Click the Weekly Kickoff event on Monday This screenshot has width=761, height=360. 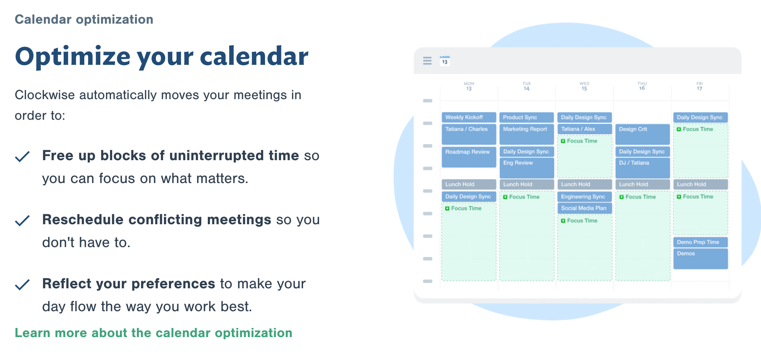469,117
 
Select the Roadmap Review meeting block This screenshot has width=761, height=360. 469,157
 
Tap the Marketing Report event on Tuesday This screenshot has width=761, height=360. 527,134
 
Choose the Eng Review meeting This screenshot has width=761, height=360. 527,168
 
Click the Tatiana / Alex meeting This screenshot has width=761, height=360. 584,129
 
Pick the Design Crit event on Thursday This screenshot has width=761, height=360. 642,134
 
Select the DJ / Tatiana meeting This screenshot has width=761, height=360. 642,168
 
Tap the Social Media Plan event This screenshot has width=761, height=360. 584,208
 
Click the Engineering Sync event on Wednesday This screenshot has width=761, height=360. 584,197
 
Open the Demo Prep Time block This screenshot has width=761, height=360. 700,242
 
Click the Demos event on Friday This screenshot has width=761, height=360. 700,259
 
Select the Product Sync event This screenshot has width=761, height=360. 527,117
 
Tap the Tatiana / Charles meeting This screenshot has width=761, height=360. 469,134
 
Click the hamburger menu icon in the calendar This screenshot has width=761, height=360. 427,61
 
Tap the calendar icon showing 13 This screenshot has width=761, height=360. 445,61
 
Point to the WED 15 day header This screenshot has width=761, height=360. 584,86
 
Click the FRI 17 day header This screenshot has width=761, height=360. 700,86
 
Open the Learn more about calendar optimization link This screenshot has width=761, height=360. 154,333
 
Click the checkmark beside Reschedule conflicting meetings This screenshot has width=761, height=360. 22,220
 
